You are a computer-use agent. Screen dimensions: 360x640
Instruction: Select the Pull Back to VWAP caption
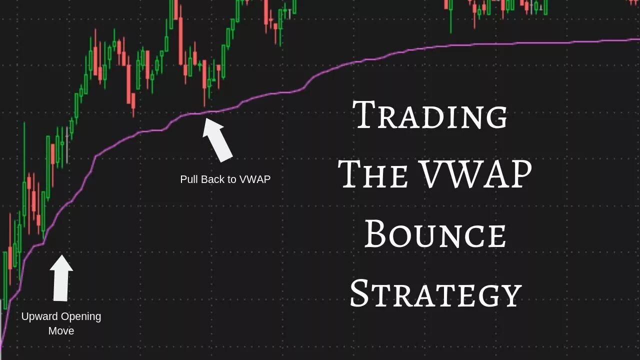point(225,179)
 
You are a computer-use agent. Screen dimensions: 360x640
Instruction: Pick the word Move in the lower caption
point(61,330)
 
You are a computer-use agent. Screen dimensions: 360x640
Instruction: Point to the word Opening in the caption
point(81,316)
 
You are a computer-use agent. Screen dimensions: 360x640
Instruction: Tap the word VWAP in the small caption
point(255,179)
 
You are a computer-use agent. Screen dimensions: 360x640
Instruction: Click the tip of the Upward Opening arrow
point(61,256)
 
